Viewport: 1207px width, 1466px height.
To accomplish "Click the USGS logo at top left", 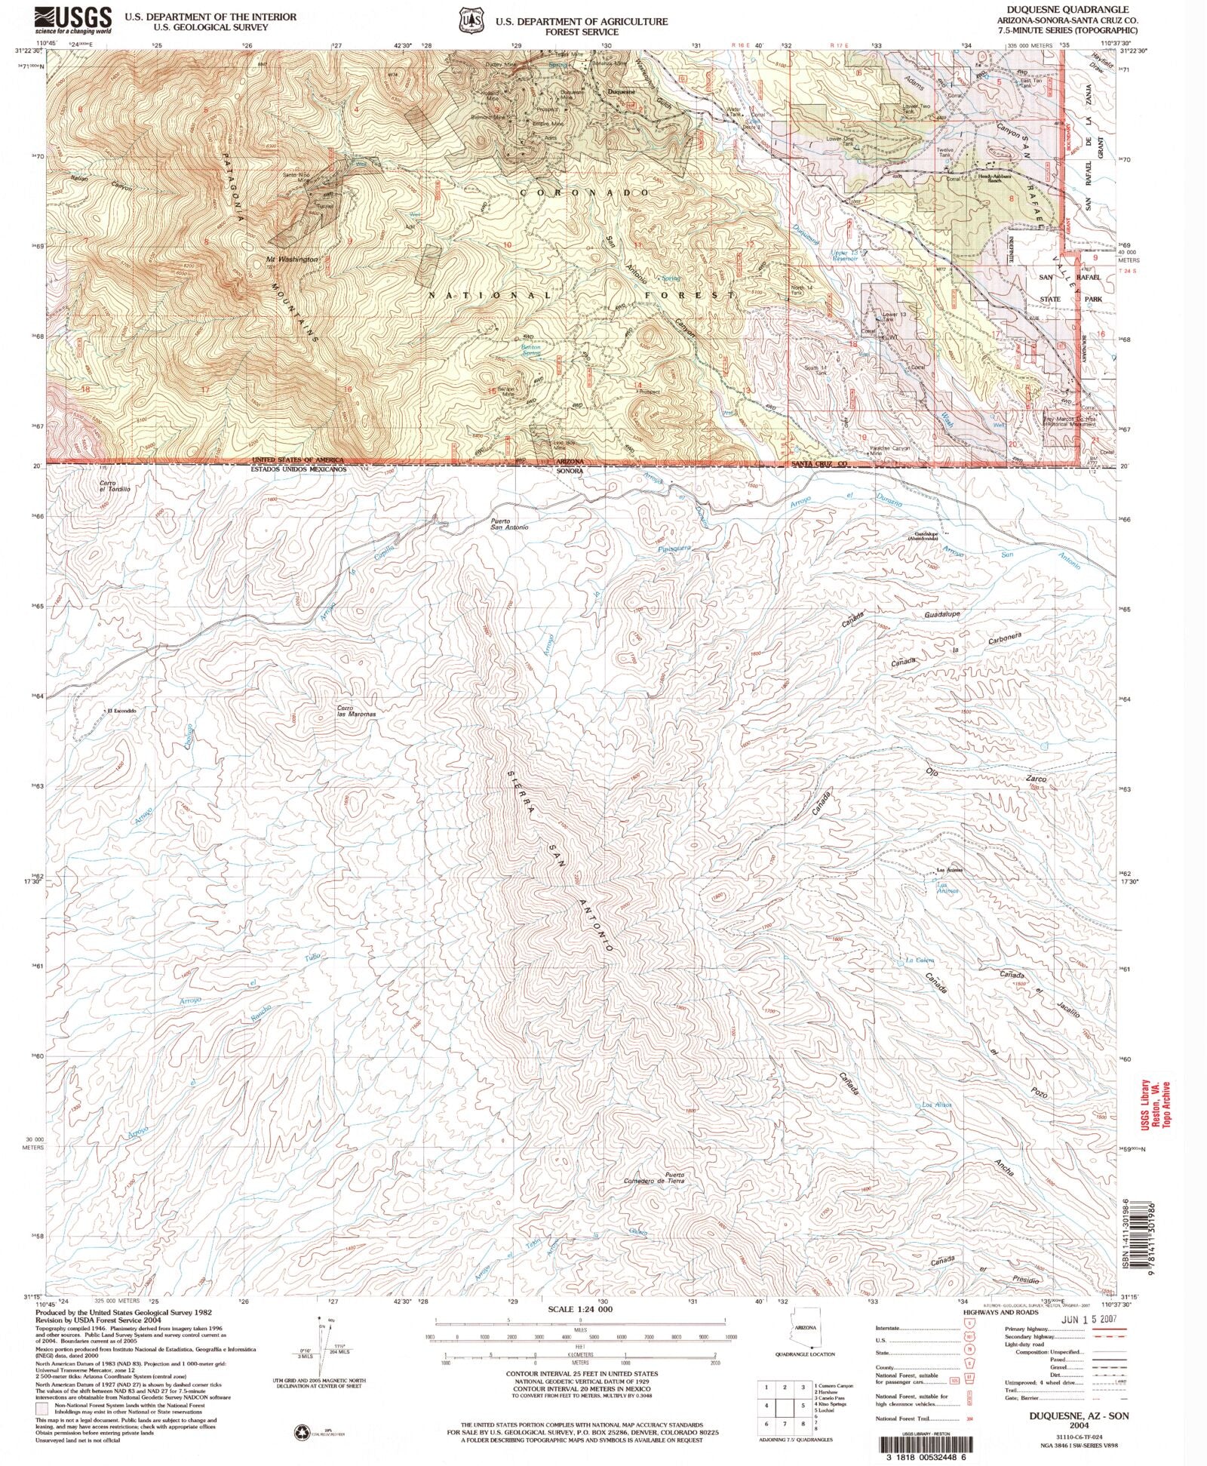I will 72,18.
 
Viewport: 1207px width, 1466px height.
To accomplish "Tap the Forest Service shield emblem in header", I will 472,19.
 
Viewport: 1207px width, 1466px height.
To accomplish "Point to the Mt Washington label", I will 291,259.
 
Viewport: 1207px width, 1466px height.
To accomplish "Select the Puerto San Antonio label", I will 509,524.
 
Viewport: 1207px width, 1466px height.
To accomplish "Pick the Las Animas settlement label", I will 949,871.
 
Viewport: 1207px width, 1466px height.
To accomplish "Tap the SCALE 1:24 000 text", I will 581,1309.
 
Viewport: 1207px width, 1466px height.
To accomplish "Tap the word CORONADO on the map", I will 574,194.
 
